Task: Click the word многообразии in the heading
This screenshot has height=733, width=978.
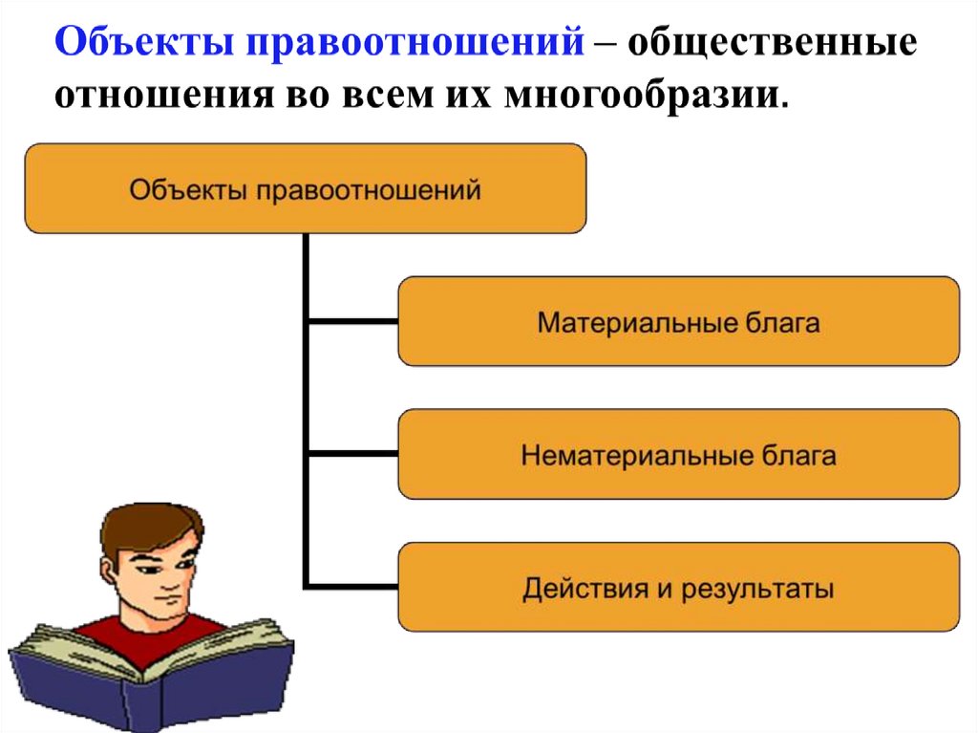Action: [648, 96]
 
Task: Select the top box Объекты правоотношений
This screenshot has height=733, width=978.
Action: [305, 188]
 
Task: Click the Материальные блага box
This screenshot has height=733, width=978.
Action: [678, 321]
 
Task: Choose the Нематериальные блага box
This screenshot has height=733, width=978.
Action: [678, 454]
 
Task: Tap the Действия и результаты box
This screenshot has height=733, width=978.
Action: [678, 587]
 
